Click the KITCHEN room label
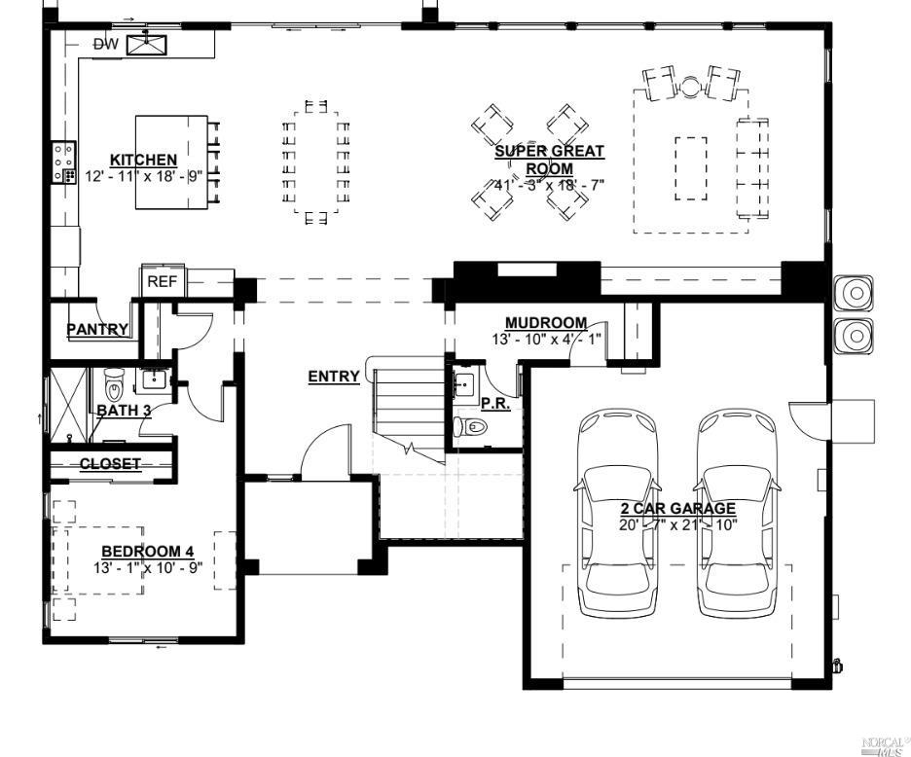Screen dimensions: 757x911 143,160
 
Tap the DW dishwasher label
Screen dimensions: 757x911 105,44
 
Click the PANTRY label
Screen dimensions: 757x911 96,329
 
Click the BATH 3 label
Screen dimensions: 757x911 123,410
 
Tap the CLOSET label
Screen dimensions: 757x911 110,464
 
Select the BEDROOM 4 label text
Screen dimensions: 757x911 148,551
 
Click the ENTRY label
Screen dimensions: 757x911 334,377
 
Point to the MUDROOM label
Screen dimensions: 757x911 545,323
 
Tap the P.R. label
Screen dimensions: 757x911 495,403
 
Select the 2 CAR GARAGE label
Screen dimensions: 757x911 678,508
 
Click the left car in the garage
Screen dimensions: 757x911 618,513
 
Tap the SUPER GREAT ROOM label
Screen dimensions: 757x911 549,159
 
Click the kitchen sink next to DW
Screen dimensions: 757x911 150,43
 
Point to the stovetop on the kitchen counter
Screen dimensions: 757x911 64,162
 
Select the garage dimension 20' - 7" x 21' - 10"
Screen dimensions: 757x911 678,524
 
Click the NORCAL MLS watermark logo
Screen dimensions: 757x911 884,745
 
